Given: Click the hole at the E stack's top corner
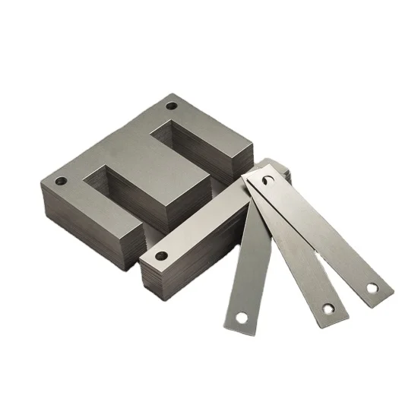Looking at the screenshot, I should [171, 106].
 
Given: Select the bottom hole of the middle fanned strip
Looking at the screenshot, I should [328, 309].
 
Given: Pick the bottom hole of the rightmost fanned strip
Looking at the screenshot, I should [372, 289].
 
